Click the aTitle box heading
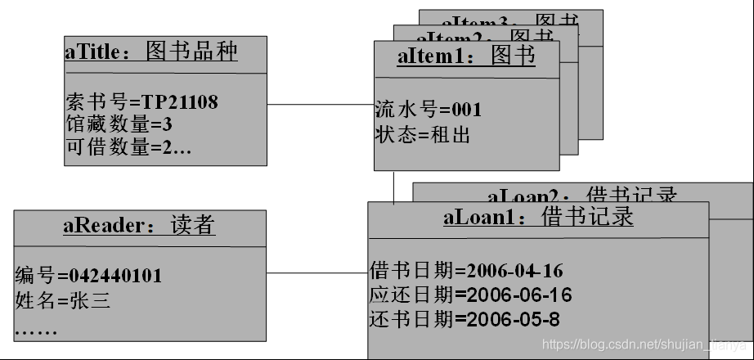click(151, 52)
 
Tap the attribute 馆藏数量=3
click(119, 125)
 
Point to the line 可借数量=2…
click(128, 147)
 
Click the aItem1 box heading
click(466, 56)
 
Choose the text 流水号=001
click(429, 109)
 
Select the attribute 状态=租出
click(423, 135)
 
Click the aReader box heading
click(139, 225)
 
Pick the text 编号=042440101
click(88, 276)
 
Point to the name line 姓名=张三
click(62, 300)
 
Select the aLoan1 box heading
click(538, 218)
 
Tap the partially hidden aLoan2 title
click(582, 195)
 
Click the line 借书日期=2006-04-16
click(467, 271)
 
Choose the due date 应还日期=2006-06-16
click(470, 295)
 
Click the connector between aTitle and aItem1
click(321, 104)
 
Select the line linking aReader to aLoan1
click(317, 272)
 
